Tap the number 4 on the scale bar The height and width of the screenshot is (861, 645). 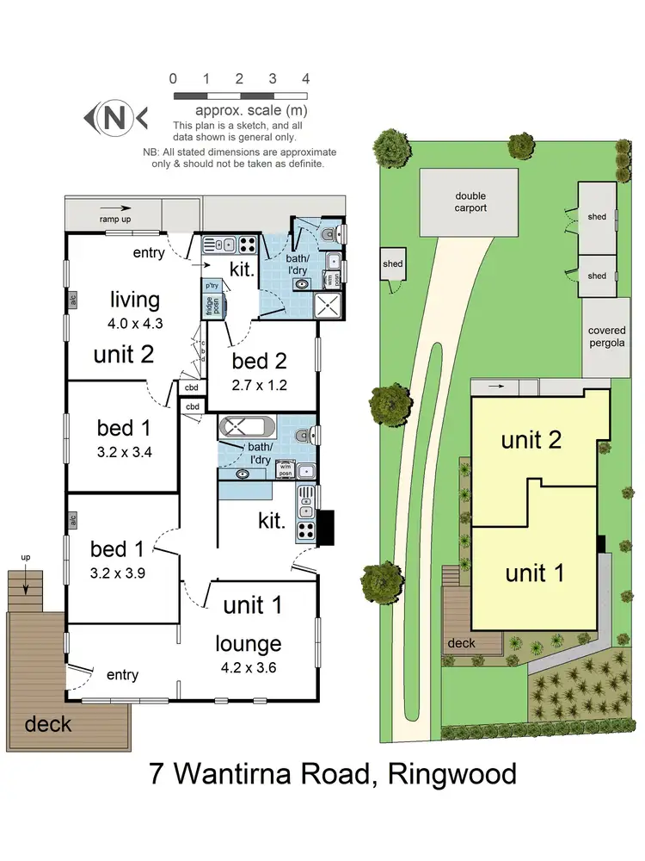305,78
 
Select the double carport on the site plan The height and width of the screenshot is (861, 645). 470,202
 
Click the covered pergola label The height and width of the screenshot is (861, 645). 605,337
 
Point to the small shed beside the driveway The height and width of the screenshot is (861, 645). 392,265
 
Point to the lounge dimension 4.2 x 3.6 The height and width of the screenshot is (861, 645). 249,665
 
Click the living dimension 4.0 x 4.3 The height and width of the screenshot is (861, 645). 134,325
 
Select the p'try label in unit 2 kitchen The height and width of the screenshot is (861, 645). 211,285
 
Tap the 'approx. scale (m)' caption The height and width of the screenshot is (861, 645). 239,110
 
